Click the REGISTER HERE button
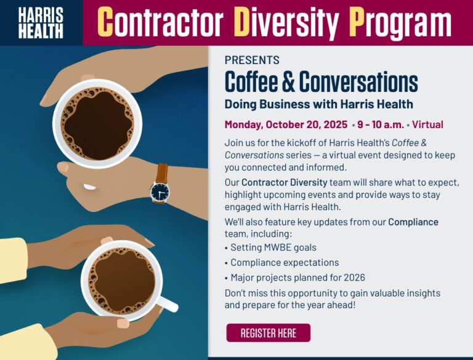(x=268, y=333)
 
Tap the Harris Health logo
(x=41, y=23)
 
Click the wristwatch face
(x=160, y=192)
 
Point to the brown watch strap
(x=162, y=173)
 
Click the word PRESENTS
(x=251, y=60)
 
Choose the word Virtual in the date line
(x=427, y=125)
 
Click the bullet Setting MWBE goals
(x=273, y=247)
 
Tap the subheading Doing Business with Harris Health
(x=318, y=104)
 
